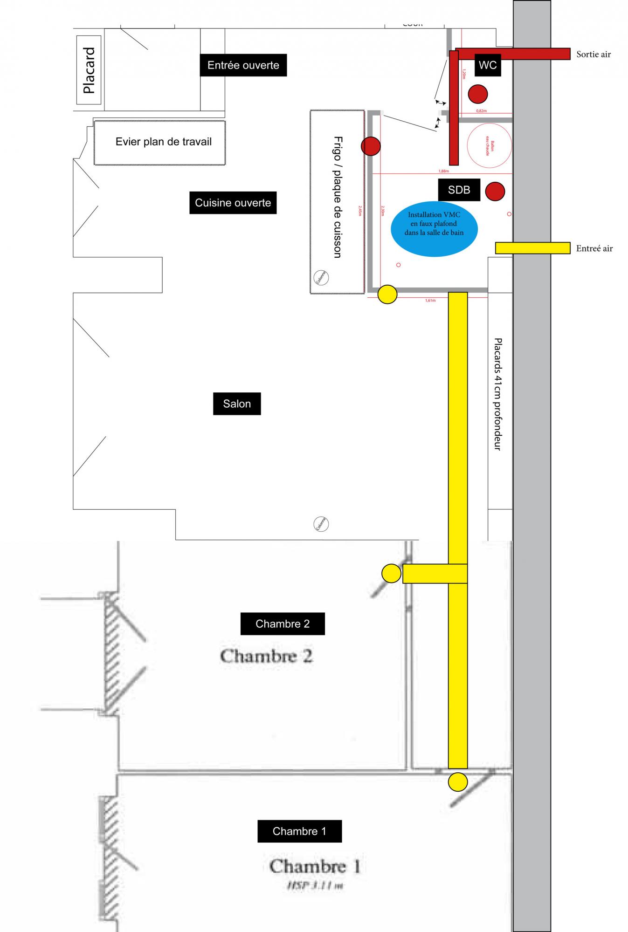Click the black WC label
click(x=488, y=65)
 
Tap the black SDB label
click(x=459, y=190)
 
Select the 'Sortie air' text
click(x=593, y=54)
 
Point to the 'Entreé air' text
click(x=594, y=248)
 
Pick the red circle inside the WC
click(x=478, y=94)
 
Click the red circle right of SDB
click(x=495, y=191)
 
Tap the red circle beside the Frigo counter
click(x=371, y=146)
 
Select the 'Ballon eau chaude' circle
click(x=489, y=145)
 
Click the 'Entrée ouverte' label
click(x=243, y=65)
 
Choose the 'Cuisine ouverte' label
click(x=233, y=203)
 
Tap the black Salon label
click(x=237, y=404)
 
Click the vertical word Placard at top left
click(x=89, y=70)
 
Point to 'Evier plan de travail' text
click(x=163, y=142)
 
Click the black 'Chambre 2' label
click(x=283, y=624)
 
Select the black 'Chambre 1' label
click(x=299, y=831)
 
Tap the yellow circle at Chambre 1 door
click(x=457, y=781)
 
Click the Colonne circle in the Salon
click(x=321, y=524)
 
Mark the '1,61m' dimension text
click(x=430, y=301)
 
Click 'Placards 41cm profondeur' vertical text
click(x=497, y=394)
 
